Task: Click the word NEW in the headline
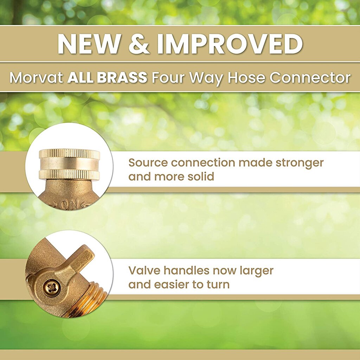tap(89, 44)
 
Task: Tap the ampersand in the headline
tap(139, 44)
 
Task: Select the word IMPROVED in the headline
tap(230, 44)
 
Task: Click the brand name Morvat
tap(36, 77)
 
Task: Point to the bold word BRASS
tap(122, 77)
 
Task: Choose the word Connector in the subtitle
tap(310, 77)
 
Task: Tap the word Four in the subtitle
tap(168, 77)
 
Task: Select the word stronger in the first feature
tap(300, 163)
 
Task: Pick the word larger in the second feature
tap(256, 271)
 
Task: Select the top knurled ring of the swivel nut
tap(69, 154)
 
